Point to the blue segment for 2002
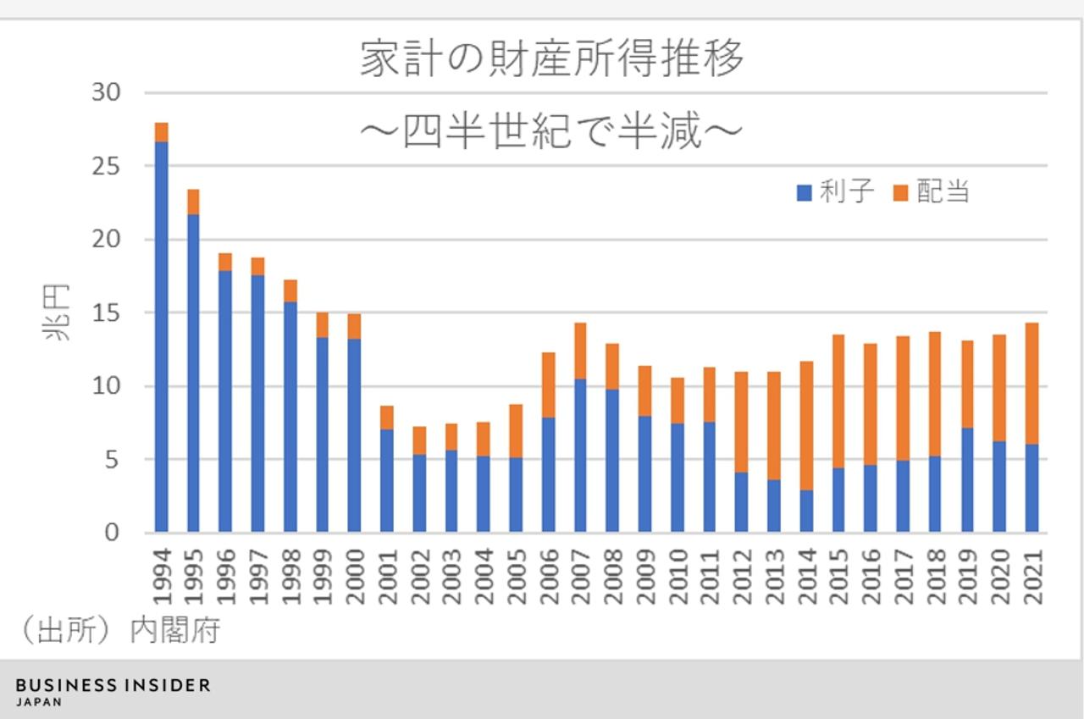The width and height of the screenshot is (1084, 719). click(x=419, y=493)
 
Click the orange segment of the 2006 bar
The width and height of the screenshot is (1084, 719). click(x=548, y=384)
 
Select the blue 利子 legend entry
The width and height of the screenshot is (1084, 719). click(x=834, y=192)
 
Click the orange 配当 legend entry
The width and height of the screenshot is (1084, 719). click(x=932, y=192)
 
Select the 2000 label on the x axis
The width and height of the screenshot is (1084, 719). click(x=356, y=575)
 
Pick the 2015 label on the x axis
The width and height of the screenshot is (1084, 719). click(x=838, y=575)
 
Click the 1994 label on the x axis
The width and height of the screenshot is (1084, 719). click(x=162, y=575)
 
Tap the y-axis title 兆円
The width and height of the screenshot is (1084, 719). click(x=58, y=312)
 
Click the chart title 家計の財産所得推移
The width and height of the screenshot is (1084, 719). click(x=552, y=59)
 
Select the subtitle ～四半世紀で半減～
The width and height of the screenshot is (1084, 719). click(x=552, y=131)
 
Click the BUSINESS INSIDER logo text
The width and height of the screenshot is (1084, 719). click(x=113, y=685)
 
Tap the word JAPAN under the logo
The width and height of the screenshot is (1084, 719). click(x=39, y=702)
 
